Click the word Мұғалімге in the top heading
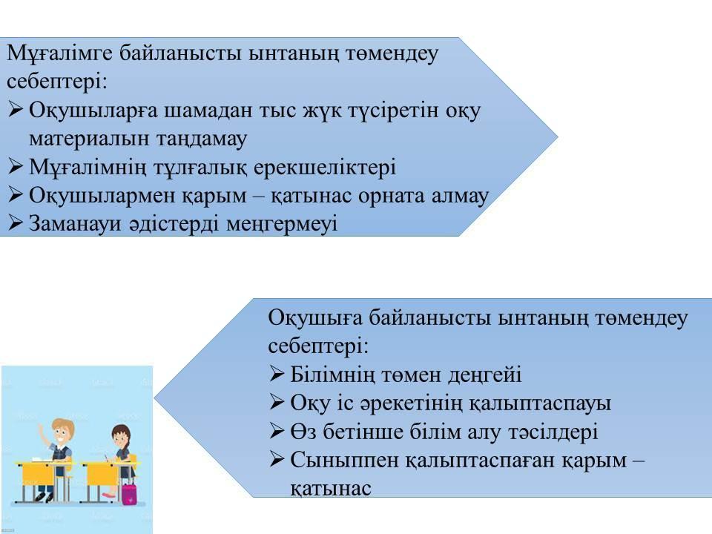point(59,53)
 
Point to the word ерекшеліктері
point(325,167)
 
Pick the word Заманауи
point(75,224)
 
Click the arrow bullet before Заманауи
point(16,223)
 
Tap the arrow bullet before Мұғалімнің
point(16,167)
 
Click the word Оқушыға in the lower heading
point(315,318)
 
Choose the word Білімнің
point(333,375)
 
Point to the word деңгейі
point(484,375)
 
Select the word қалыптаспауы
point(540,404)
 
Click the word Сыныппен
point(343,461)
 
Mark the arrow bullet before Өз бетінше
point(277,431)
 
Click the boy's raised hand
point(42,429)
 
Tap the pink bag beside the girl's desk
point(129,494)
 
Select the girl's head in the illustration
point(121,436)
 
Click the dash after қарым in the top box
point(258,196)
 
